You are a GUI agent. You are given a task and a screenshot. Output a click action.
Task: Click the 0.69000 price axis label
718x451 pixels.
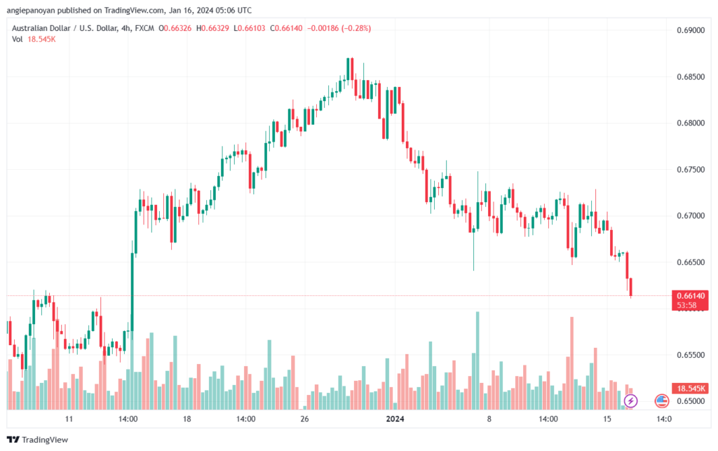click(691, 30)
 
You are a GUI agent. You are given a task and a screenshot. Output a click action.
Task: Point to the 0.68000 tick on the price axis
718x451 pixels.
click(691, 123)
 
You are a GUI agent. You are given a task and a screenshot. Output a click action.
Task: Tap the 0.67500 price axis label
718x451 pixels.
click(691, 170)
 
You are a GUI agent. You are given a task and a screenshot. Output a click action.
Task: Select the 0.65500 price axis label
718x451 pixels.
click(691, 355)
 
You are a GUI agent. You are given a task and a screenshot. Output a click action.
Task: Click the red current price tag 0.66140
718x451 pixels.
click(690, 296)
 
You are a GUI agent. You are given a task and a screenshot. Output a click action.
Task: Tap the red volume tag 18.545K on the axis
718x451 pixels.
click(690, 389)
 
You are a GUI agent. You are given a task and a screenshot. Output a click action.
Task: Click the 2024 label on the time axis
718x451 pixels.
click(395, 419)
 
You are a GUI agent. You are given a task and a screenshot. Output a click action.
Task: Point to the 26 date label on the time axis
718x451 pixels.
click(304, 419)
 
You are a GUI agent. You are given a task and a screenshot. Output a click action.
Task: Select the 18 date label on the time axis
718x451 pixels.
click(187, 419)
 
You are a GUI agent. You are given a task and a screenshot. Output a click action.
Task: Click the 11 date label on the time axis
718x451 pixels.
click(69, 419)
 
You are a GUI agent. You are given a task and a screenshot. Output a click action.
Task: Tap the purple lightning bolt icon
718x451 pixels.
click(630, 401)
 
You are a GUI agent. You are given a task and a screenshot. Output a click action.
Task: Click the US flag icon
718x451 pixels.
click(661, 401)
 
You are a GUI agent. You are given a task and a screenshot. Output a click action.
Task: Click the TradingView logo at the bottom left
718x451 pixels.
click(38, 440)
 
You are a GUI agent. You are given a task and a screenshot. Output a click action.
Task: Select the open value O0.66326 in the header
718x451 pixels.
click(175, 28)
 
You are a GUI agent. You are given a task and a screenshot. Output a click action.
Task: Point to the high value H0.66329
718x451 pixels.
click(212, 28)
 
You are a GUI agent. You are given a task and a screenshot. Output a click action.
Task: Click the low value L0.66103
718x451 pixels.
click(249, 28)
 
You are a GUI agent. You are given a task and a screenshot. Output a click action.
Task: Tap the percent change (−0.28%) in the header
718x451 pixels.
click(355, 28)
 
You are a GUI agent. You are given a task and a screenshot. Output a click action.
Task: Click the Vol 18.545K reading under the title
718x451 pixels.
click(34, 39)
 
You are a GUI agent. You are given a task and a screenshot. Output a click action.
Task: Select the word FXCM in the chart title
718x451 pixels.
click(144, 28)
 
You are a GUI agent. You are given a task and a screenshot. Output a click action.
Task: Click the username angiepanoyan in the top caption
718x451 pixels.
click(31, 10)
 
